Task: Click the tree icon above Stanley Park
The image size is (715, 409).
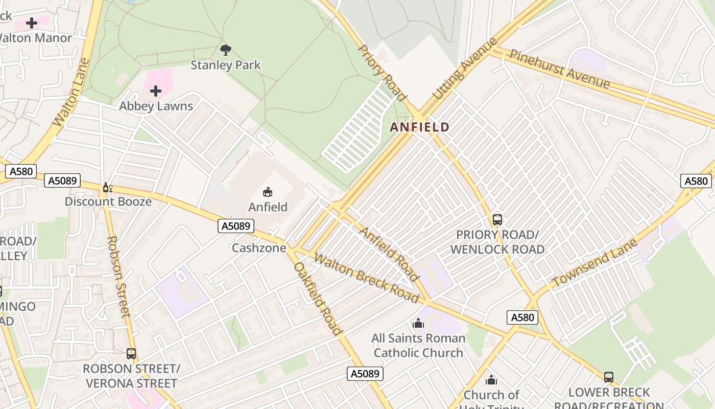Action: click(x=225, y=50)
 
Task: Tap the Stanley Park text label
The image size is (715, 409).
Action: click(x=225, y=65)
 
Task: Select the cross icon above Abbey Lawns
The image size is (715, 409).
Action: click(x=156, y=91)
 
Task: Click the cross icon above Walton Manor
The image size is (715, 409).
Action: click(x=32, y=22)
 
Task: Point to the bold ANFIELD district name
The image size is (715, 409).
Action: click(x=420, y=127)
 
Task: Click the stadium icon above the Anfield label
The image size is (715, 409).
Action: click(x=267, y=192)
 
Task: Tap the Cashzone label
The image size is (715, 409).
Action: click(x=259, y=248)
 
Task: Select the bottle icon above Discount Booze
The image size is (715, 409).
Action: click(x=107, y=188)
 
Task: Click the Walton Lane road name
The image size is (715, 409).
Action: click(x=71, y=93)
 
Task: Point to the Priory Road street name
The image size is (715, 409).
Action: click(x=382, y=73)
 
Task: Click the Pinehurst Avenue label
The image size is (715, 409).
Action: click(x=560, y=69)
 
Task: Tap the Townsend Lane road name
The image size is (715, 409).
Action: click(x=595, y=263)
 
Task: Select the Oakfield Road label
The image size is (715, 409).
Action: click(x=317, y=299)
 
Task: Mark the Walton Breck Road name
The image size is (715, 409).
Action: click(x=366, y=278)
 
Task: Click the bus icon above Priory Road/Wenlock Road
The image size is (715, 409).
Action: click(x=497, y=220)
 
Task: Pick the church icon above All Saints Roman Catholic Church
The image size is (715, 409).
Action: click(x=418, y=323)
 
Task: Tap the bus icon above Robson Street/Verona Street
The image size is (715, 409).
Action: click(x=131, y=353)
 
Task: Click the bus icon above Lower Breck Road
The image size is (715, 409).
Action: click(x=609, y=377)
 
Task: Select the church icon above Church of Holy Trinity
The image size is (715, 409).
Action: click(x=491, y=380)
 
